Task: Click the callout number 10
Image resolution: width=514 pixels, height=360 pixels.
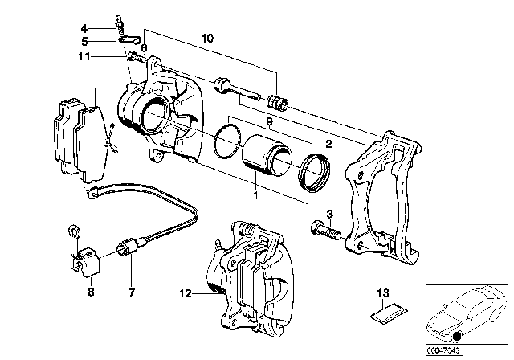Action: tap(207, 39)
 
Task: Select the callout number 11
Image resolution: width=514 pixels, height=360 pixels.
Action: tap(84, 56)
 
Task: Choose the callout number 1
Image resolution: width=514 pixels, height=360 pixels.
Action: tap(254, 194)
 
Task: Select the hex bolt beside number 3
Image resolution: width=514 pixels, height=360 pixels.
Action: tap(326, 232)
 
